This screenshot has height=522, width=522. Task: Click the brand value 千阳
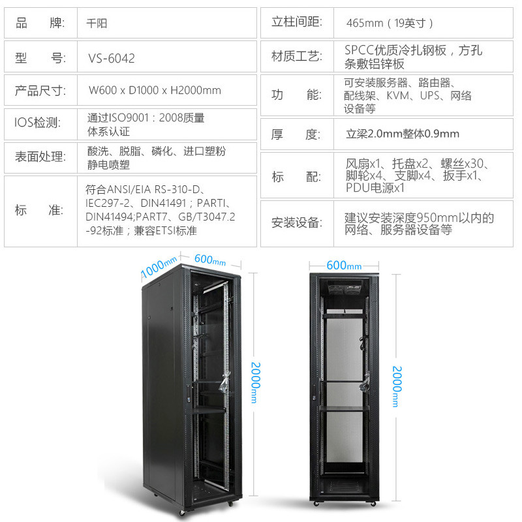[x=97, y=23]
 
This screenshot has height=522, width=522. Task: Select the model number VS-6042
[x=112, y=58]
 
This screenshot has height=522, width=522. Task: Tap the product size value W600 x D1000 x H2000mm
[x=155, y=90]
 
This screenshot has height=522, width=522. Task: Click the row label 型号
[x=40, y=58]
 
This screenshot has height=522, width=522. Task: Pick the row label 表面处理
[x=40, y=156]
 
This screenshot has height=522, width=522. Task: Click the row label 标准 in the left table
[x=40, y=210]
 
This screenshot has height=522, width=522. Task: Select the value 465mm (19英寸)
[x=390, y=23]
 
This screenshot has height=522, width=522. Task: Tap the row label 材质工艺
[x=297, y=56]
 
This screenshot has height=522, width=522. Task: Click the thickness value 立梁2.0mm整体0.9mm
[x=403, y=134]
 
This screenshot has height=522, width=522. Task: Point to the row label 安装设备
[x=297, y=223]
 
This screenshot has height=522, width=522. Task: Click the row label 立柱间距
[x=297, y=22]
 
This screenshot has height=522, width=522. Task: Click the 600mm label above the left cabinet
[x=209, y=260]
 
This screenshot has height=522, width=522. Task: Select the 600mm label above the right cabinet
[x=344, y=266]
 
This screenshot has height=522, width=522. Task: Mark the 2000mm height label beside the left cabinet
[x=256, y=382]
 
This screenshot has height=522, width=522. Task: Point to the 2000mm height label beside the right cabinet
[x=396, y=386]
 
